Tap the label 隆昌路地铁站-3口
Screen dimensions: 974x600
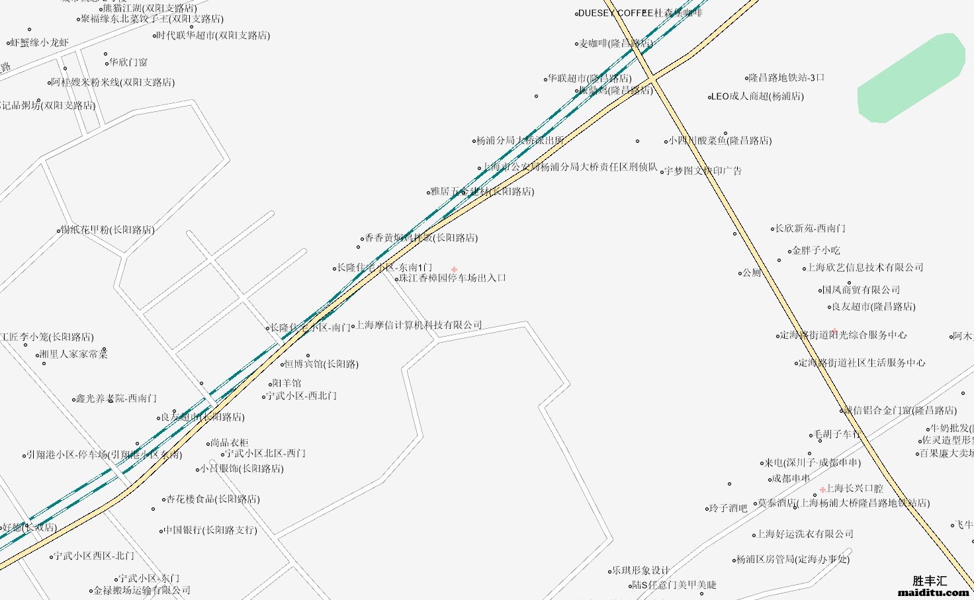(787, 78)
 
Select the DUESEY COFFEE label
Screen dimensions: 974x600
(615, 13)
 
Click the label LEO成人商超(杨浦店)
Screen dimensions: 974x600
(758, 97)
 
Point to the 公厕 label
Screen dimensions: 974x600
(752, 273)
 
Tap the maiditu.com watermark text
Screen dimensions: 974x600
(933, 593)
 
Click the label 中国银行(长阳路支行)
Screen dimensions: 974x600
(210, 531)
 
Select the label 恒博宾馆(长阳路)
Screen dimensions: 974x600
(322, 364)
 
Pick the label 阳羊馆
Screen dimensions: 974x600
(287, 384)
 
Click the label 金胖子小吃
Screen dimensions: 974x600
(816, 251)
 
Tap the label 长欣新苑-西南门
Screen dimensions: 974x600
(811, 229)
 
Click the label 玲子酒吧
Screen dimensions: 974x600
(728, 509)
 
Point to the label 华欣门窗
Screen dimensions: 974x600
(128, 63)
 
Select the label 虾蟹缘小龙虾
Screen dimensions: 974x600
(40, 43)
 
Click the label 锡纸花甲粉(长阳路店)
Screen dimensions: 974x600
(108, 231)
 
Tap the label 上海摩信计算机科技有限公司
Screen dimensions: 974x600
(420, 325)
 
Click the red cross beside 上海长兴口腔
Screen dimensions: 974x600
(822, 490)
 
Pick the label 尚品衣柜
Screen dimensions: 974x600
(230, 443)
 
